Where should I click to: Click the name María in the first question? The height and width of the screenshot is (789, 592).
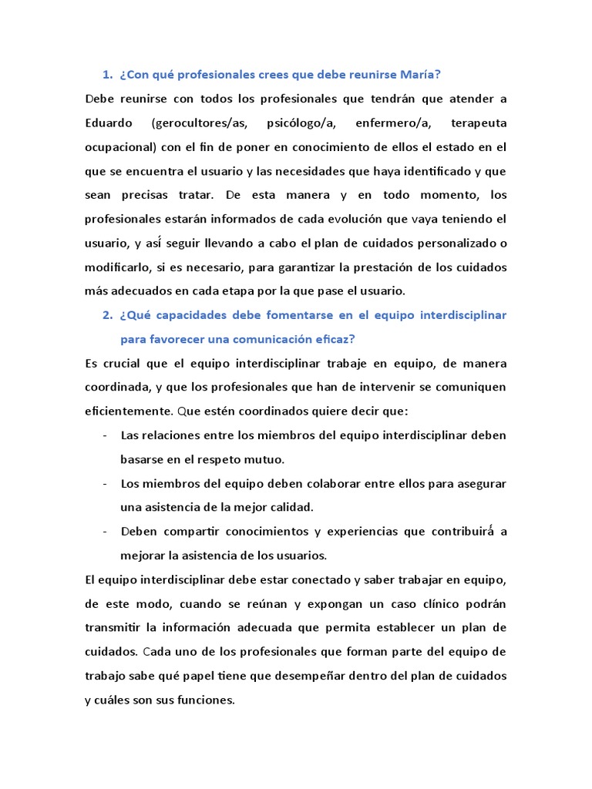(418, 75)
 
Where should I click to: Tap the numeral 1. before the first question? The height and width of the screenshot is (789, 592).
(107, 75)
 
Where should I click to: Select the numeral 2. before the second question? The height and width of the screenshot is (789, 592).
(107, 315)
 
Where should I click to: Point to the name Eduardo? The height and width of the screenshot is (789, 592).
(107, 123)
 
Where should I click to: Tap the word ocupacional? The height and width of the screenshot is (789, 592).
(119, 147)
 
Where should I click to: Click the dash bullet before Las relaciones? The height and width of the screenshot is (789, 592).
(104, 435)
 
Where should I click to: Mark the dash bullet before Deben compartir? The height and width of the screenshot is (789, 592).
(104, 532)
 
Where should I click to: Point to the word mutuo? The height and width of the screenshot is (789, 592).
(265, 459)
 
